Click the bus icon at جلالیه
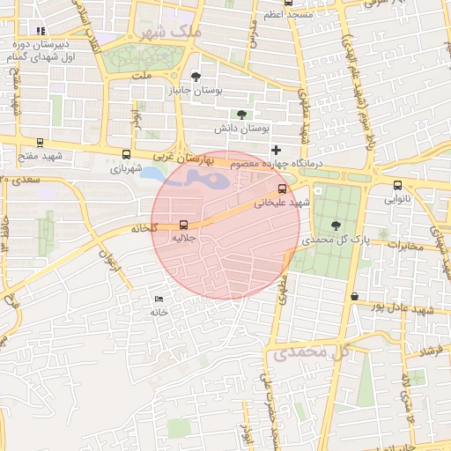point(184,225)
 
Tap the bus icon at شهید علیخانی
point(282,189)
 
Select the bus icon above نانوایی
point(397,185)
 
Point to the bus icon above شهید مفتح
point(40,142)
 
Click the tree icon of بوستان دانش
point(241,115)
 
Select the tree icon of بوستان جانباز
point(195,77)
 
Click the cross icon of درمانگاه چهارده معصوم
point(276,150)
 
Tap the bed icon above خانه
point(159,299)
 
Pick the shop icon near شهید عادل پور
point(354,296)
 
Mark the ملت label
point(143,77)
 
